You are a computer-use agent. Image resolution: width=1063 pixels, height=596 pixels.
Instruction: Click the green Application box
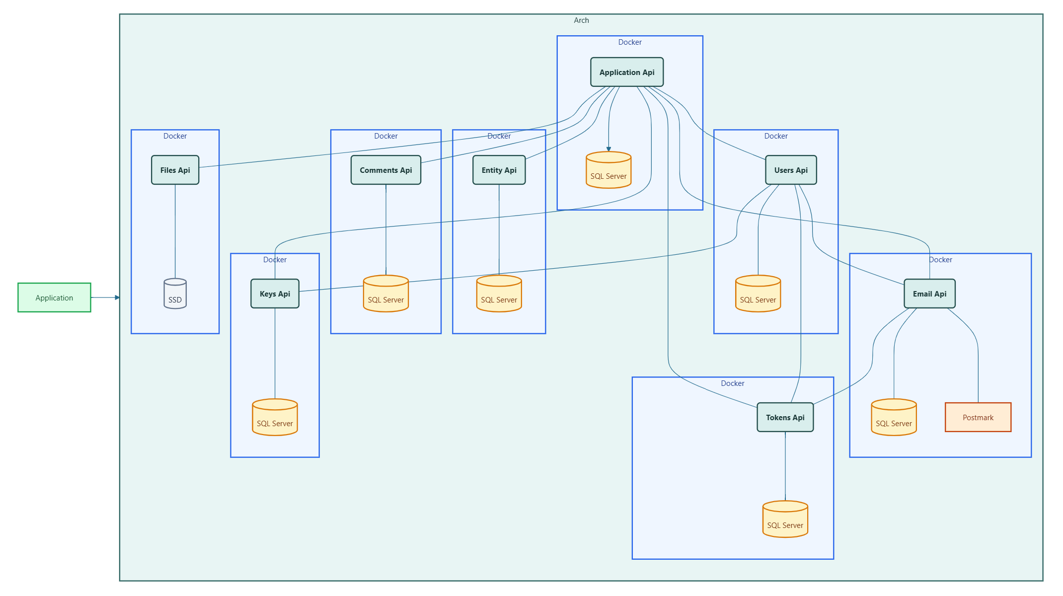54,298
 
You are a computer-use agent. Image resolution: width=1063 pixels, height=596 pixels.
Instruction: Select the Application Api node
627,72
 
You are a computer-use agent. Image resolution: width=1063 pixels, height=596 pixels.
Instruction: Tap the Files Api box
175,170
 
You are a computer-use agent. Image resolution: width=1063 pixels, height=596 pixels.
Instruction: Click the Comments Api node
386,170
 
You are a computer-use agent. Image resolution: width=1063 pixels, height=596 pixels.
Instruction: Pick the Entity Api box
499,170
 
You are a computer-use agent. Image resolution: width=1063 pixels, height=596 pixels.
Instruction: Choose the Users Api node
791,170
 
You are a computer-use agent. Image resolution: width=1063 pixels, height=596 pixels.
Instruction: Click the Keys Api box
275,294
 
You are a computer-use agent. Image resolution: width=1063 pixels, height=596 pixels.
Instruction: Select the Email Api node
929,294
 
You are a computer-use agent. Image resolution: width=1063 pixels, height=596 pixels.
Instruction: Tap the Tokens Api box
785,417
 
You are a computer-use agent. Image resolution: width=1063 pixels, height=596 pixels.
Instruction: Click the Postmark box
978,417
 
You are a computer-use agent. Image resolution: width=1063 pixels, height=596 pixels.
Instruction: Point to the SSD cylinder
175,294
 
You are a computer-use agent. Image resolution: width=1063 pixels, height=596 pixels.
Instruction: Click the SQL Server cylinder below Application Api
608,170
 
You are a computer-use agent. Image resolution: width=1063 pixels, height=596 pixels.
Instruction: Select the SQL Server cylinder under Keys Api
275,417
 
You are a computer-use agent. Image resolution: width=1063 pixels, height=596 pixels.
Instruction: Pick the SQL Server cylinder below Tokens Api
785,519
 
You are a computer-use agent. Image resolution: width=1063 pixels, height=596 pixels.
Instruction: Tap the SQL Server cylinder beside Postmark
894,417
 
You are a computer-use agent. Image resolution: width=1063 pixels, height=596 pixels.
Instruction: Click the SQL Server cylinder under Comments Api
386,294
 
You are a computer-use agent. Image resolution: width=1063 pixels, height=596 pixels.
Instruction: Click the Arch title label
581,20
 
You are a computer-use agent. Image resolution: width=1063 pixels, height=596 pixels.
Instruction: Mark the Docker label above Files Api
175,136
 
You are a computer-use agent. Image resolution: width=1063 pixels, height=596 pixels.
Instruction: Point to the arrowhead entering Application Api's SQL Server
608,149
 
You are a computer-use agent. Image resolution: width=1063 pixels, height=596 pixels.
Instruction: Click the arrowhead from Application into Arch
117,298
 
